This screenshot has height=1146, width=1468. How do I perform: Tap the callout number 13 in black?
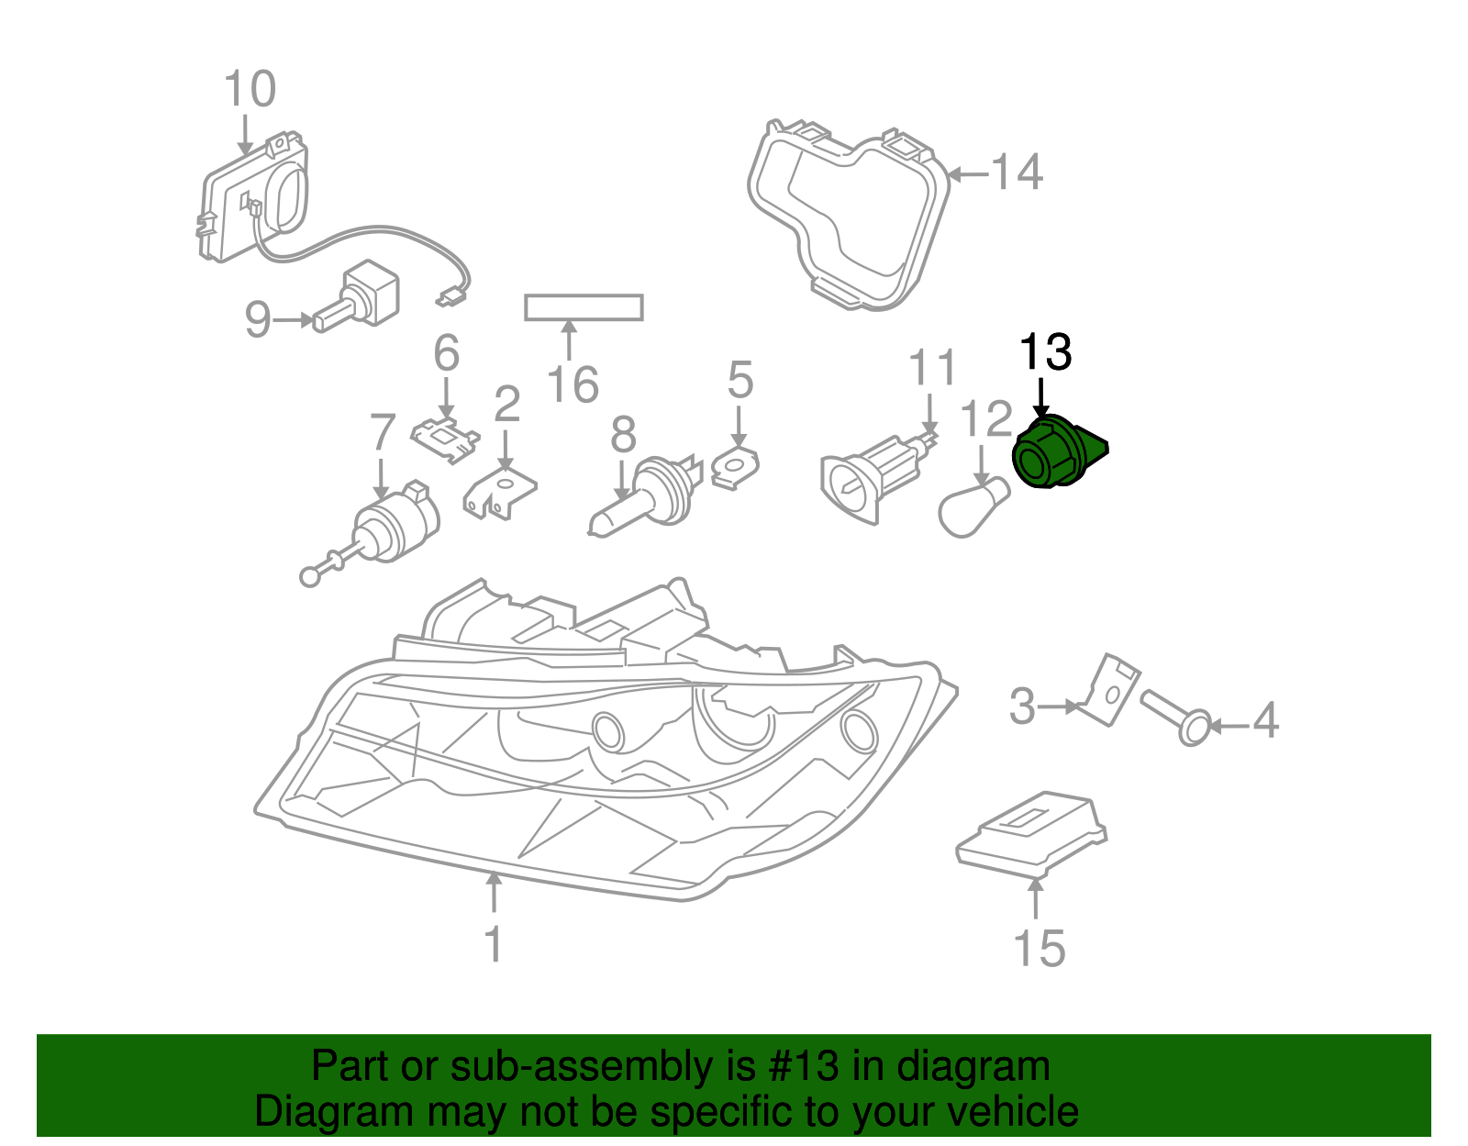coord(1045,352)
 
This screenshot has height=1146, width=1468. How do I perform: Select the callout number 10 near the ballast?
coord(250,90)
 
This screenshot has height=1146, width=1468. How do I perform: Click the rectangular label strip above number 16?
coord(584,307)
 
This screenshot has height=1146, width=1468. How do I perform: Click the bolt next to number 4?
coord(1179,717)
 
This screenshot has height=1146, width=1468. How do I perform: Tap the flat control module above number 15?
coord(1032,832)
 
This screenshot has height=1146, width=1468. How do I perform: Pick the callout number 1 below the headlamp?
coord(494,944)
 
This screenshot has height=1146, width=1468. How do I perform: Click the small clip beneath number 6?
coord(446,439)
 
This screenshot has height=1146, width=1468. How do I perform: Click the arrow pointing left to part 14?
coord(967,173)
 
